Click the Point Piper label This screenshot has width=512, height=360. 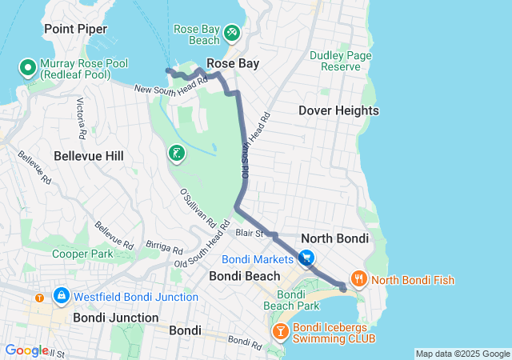[75, 29]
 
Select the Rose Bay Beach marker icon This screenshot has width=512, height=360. [231, 32]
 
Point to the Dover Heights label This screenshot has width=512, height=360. [338, 110]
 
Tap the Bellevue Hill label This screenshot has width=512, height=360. [88, 156]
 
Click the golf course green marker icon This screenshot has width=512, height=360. [176, 153]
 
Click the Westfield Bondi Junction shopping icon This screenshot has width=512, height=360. [61, 297]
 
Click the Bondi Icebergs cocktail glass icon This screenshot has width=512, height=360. [281, 331]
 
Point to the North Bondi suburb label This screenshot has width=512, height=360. [334, 238]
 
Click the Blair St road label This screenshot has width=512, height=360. [250, 233]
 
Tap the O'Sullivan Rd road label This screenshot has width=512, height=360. [198, 205]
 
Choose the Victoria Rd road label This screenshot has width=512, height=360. [81, 115]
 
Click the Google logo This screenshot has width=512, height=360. [26, 350]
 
